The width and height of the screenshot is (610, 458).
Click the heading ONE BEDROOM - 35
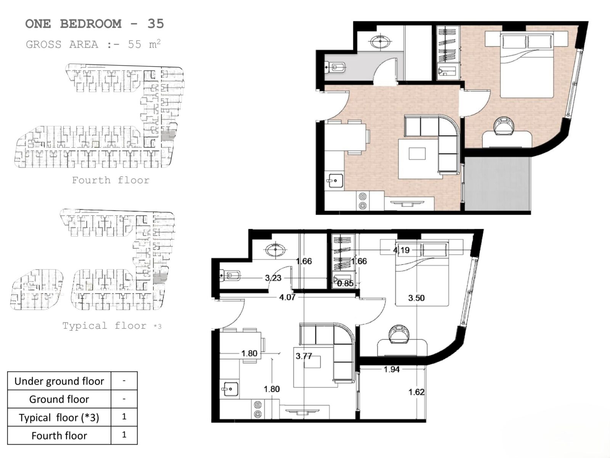click(95, 24)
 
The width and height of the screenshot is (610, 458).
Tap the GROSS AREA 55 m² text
click(93, 44)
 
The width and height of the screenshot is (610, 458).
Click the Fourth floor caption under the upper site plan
click(111, 180)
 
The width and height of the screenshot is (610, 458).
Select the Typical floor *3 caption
click(112, 326)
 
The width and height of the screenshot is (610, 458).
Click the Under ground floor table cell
click(59, 381)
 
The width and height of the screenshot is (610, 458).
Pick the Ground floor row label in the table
click(59, 399)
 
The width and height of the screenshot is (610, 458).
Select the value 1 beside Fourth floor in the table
click(124, 435)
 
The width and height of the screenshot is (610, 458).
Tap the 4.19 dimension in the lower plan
click(401, 250)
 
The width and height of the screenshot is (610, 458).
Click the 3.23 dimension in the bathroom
click(273, 278)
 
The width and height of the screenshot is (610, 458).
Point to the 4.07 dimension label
click(287, 297)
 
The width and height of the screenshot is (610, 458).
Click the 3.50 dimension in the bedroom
click(416, 298)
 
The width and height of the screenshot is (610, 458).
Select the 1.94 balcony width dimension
click(392, 369)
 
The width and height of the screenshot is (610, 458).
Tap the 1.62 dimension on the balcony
click(416, 392)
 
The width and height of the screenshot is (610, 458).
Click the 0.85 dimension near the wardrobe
click(345, 283)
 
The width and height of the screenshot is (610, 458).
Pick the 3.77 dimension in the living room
click(304, 356)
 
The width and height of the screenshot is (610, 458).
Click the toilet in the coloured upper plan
click(335, 67)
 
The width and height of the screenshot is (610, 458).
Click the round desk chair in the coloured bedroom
click(504, 126)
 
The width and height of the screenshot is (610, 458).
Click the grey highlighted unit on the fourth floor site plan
click(168, 136)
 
